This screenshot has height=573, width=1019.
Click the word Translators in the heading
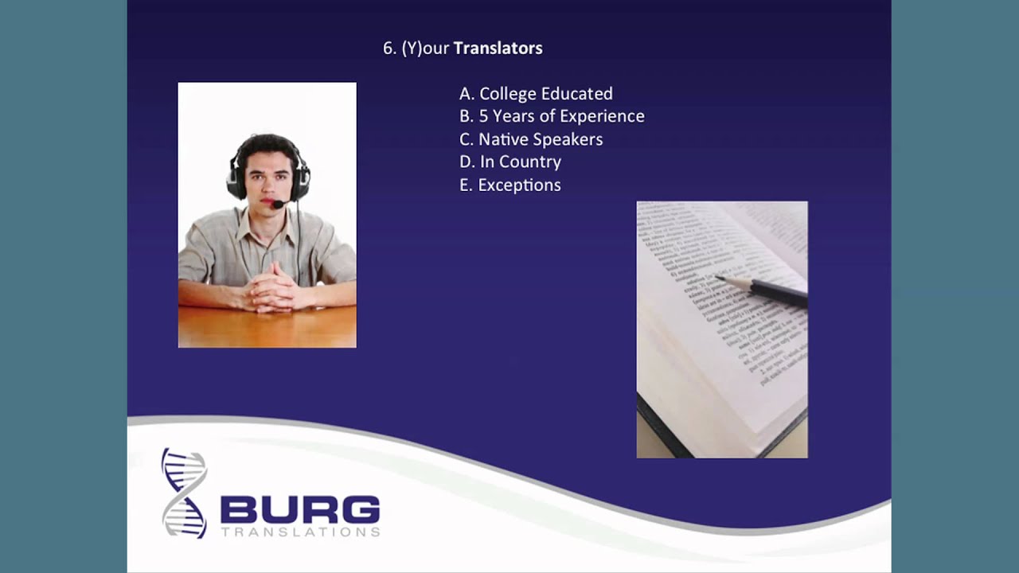498,49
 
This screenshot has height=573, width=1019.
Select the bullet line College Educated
536,94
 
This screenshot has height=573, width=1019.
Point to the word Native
503,139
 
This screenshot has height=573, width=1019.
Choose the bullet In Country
510,162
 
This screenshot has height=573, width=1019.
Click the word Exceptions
519,185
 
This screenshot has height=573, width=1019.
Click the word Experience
602,116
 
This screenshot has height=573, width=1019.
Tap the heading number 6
388,49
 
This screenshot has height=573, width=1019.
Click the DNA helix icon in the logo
184,493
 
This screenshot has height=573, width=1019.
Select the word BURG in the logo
299,509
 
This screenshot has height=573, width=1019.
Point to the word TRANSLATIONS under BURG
299,532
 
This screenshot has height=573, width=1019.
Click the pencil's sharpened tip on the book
719,278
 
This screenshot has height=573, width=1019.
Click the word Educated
575,94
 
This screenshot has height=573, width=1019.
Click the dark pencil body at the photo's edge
784,294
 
